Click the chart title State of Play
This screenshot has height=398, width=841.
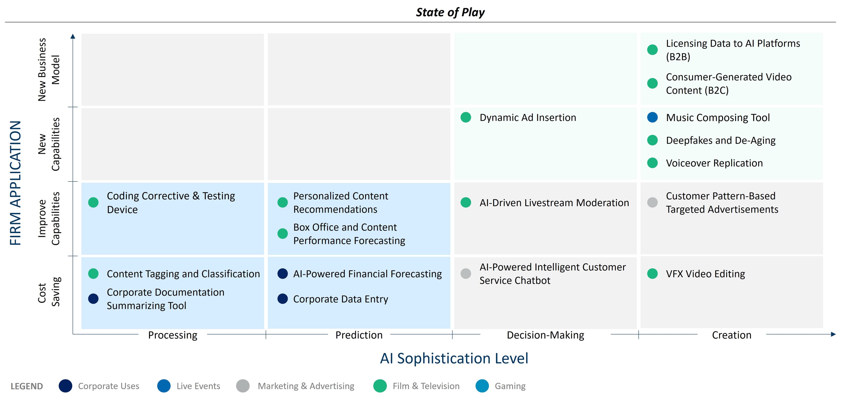click(x=450, y=12)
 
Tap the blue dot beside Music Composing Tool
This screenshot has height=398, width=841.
click(x=652, y=117)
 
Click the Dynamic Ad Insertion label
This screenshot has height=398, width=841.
click(x=528, y=118)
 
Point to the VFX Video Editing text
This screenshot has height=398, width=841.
click(x=705, y=274)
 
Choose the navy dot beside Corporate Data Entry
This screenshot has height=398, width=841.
click(x=282, y=299)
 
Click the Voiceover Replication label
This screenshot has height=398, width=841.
click(x=714, y=163)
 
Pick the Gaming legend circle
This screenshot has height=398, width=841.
click(x=482, y=386)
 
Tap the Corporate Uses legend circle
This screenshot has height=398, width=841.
click(x=65, y=386)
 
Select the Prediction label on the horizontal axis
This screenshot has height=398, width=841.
click(x=359, y=335)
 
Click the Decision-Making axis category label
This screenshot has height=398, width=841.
click(x=545, y=335)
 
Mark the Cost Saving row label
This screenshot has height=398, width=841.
click(x=49, y=293)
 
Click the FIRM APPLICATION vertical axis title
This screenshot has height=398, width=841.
click(x=15, y=183)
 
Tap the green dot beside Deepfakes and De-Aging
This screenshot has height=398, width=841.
click(x=652, y=140)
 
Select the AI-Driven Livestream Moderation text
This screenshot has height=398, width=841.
click(x=554, y=203)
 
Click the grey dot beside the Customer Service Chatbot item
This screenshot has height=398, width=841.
click(x=466, y=273)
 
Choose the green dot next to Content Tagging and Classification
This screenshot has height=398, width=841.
click(x=93, y=273)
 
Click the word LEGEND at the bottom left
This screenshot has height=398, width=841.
click(x=27, y=386)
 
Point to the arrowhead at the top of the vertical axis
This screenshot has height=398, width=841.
click(x=73, y=36)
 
